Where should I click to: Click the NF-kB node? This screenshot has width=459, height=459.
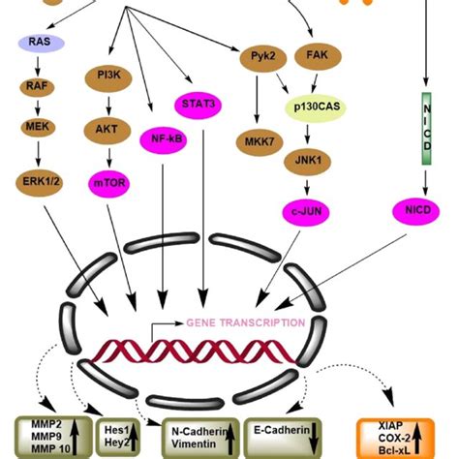(x=162, y=138)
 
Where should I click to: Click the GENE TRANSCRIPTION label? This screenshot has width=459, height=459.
(x=246, y=322)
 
